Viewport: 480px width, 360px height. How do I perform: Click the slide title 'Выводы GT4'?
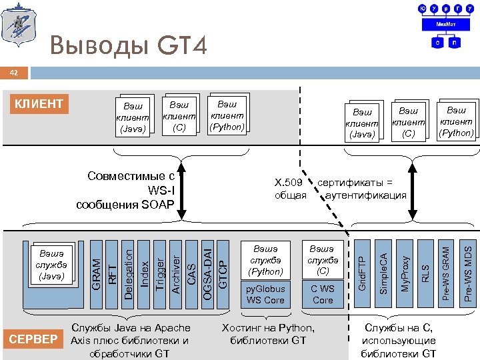click(128, 45)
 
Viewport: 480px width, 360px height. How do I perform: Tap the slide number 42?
click(13, 71)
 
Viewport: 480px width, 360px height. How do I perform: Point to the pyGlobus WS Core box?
click(265, 295)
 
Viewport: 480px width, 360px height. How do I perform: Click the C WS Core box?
click(322, 295)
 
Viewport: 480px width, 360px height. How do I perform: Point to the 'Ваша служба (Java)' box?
click(51, 260)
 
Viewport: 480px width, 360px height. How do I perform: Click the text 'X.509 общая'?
click(290, 189)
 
